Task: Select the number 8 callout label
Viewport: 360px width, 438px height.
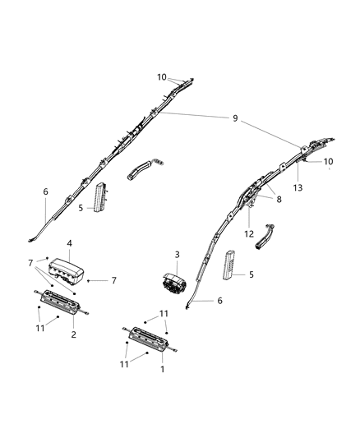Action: [x=278, y=198]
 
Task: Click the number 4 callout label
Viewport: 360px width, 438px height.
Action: [x=70, y=243]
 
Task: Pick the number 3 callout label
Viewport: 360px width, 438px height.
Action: [x=176, y=256]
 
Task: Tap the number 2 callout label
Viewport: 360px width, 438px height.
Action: [x=73, y=334]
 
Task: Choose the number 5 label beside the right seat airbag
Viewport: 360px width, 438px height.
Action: [x=252, y=274]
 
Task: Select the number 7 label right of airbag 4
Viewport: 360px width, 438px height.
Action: [x=114, y=281]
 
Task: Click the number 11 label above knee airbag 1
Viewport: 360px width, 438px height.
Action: [x=164, y=313]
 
